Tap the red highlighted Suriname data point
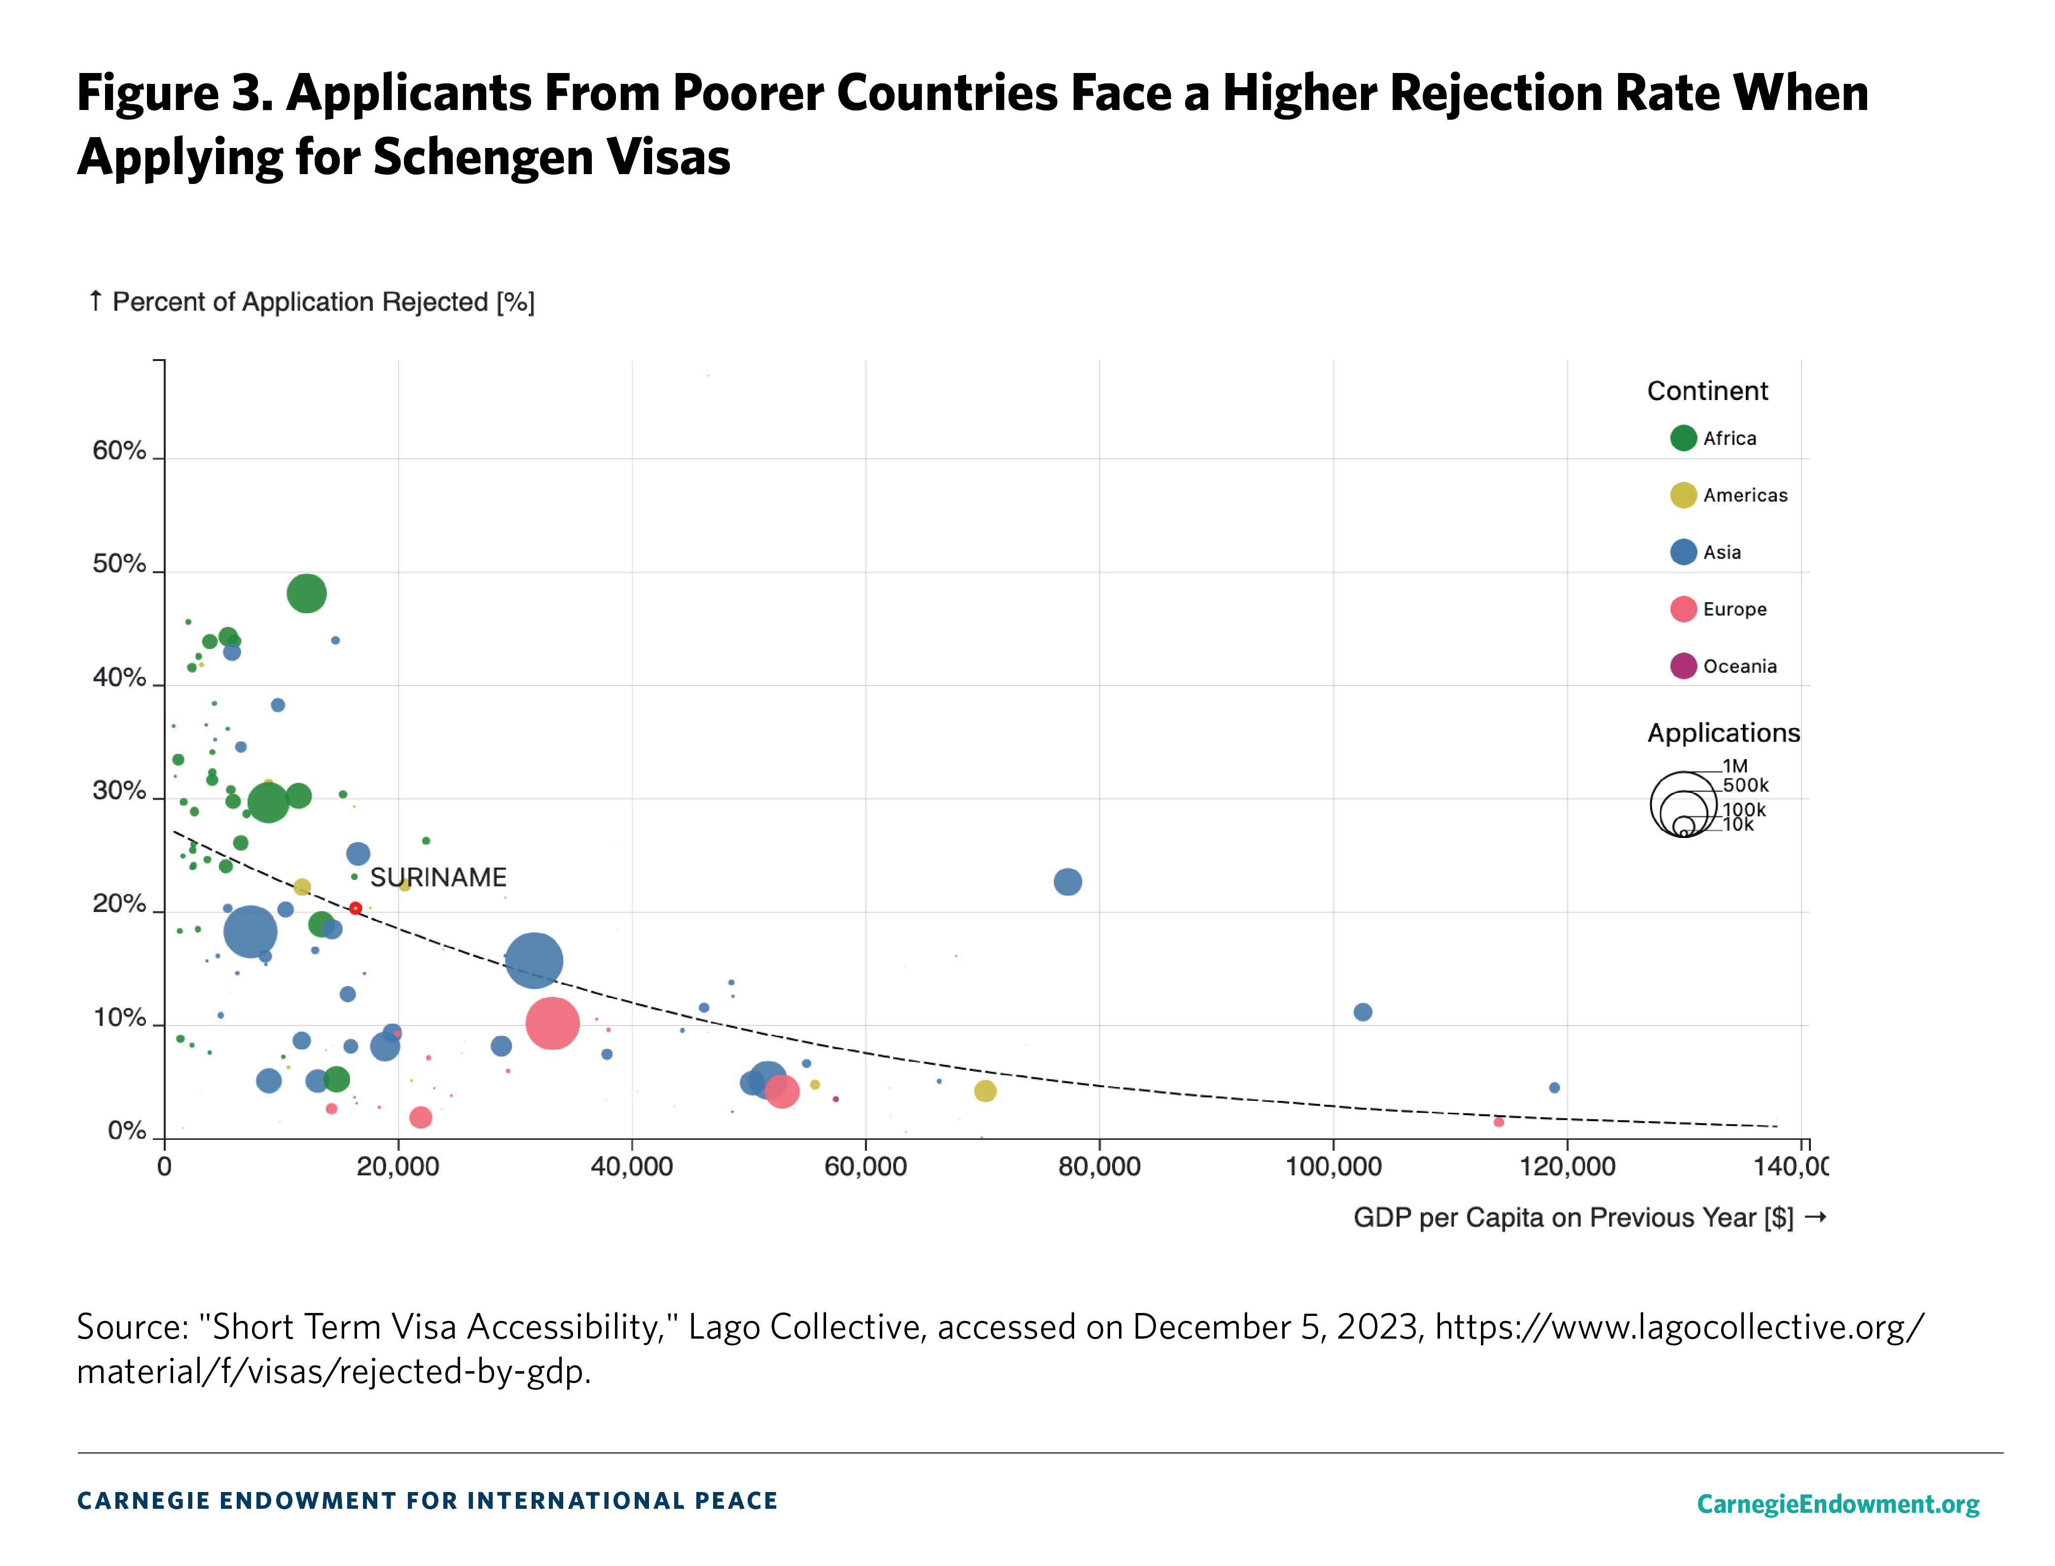pyautogui.click(x=355, y=908)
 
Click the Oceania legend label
pyautogui.click(x=1739, y=666)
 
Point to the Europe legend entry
pyautogui.click(x=1733, y=610)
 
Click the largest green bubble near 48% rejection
pyautogui.click(x=307, y=593)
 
